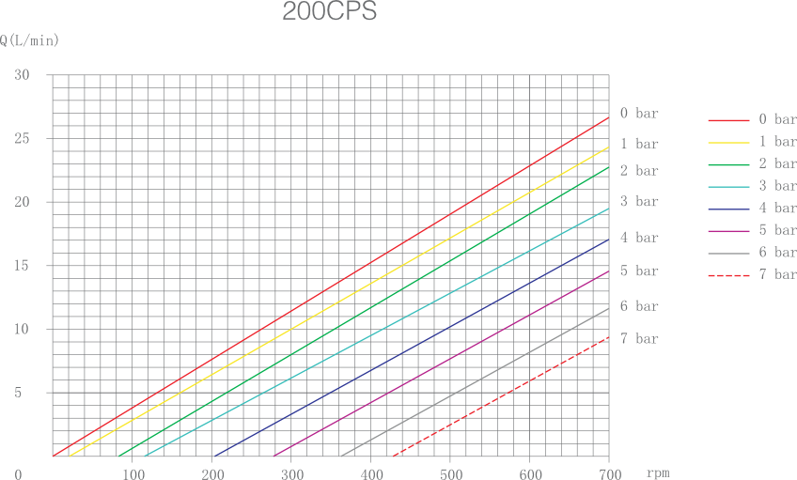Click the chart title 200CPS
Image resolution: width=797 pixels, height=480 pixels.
329,13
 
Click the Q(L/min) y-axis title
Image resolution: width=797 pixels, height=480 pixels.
30,41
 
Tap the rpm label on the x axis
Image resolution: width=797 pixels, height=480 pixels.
658,472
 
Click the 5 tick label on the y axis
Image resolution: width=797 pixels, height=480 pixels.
18,393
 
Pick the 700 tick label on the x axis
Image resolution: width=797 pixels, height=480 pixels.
609,473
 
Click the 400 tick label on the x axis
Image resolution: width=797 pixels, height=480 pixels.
371,473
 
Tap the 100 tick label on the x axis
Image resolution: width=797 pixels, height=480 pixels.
133,473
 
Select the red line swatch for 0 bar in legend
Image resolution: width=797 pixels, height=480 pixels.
728,120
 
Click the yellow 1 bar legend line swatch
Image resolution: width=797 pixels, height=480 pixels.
728,142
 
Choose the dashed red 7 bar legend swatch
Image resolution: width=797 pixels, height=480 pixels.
728,275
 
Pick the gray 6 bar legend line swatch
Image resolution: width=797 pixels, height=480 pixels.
728,253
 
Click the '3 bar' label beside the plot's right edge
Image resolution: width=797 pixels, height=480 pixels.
639,202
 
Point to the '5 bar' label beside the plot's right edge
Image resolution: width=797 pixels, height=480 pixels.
639,271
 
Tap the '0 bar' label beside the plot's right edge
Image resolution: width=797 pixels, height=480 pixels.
639,114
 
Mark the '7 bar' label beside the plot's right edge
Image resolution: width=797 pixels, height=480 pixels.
639,338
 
